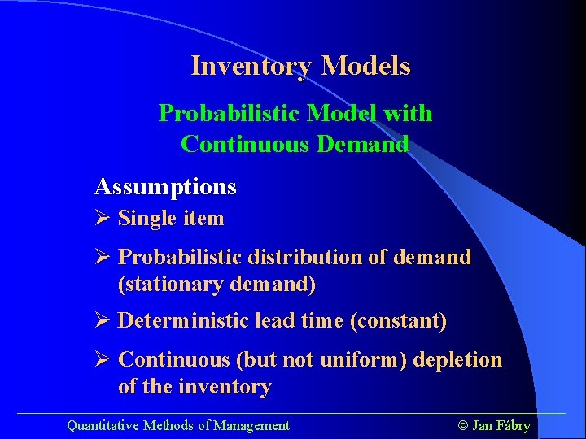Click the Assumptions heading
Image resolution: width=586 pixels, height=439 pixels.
(x=165, y=187)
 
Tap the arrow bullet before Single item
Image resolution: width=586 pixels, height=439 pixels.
(x=102, y=218)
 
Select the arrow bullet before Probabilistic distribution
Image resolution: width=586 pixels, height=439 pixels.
(x=102, y=257)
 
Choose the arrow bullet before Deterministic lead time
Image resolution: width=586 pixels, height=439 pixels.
(x=102, y=320)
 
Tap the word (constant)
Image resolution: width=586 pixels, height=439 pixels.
(x=398, y=320)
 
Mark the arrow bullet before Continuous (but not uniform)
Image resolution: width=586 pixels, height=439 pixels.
(x=102, y=359)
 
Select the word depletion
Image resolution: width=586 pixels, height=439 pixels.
(x=458, y=359)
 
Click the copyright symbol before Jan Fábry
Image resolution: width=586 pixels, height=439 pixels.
(x=464, y=425)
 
